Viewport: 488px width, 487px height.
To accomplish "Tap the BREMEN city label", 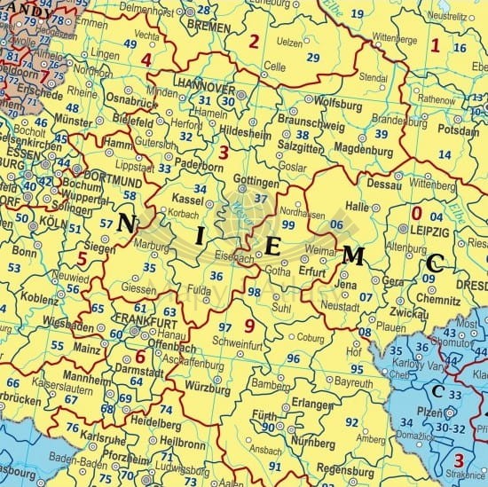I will click(x=209, y=26).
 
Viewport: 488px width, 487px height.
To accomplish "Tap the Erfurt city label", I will click(x=314, y=271).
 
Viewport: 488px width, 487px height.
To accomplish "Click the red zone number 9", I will click(x=249, y=326).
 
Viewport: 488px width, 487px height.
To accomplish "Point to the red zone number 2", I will click(x=254, y=41).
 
